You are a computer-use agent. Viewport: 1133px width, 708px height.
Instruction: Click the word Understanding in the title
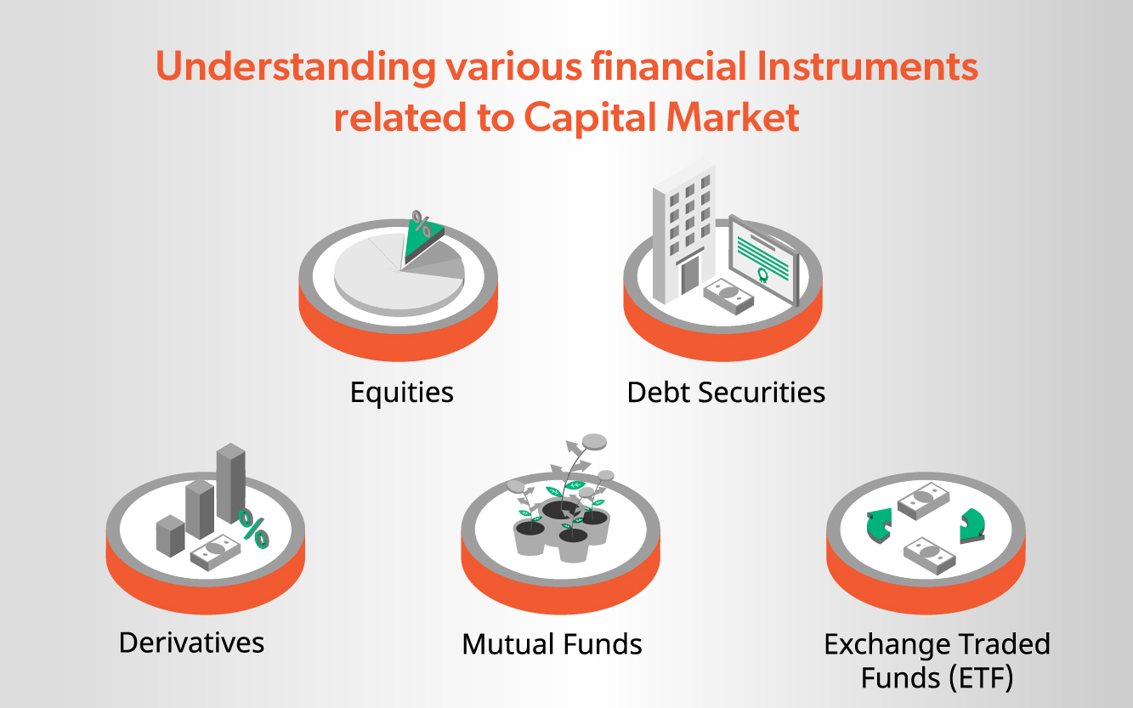(x=296, y=68)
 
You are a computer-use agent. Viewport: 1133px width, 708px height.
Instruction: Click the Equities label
(x=402, y=393)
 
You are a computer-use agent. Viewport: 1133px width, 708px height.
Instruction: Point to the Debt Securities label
(x=726, y=393)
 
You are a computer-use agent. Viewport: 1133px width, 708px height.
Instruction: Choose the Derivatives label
(x=192, y=643)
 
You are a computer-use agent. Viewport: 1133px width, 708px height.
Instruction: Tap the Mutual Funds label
(x=552, y=644)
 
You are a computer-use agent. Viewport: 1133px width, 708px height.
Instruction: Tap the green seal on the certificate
(x=762, y=275)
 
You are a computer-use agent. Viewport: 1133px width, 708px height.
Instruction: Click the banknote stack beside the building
(x=729, y=296)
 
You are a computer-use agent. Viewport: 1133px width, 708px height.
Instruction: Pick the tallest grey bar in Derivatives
(x=231, y=483)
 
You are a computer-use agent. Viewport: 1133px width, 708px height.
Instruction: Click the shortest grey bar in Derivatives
(x=171, y=536)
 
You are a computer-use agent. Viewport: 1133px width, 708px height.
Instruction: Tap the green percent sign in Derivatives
(x=254, y=529)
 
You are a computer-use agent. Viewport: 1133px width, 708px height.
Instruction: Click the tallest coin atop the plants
(x=594, y=441)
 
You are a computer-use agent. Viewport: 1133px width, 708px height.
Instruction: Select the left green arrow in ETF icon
(x=879, y=525)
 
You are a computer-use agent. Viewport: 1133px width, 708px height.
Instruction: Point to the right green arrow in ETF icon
(x=972, y=526)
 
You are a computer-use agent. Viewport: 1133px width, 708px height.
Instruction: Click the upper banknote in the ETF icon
(x=923, y=501)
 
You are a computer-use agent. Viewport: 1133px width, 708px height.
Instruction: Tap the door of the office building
(x=689, y=275)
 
